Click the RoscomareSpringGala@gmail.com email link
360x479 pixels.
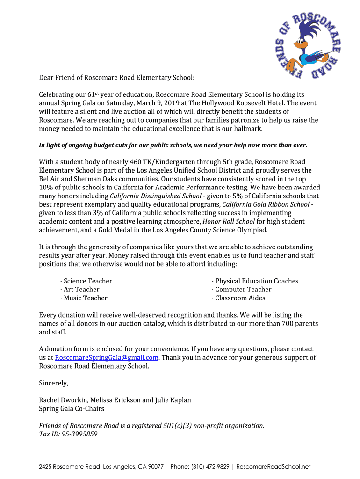[x=107, y=358]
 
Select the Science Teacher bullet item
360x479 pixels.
[x=87, y=281]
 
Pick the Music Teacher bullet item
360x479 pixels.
[x=85, y=298]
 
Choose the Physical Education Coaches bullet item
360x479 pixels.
[x=256, y=281]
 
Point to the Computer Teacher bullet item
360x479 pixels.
[x=243, y=290]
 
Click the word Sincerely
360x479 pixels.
[x=53, y=383]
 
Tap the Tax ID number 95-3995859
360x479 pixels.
[x=79, y=434]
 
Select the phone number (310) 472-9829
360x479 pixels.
[x=210, y=467]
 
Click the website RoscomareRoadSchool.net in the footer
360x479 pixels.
[x=274, y=467]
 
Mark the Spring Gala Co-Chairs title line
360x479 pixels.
[x=71, y=409]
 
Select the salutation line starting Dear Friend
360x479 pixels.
[x=116, y=78]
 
